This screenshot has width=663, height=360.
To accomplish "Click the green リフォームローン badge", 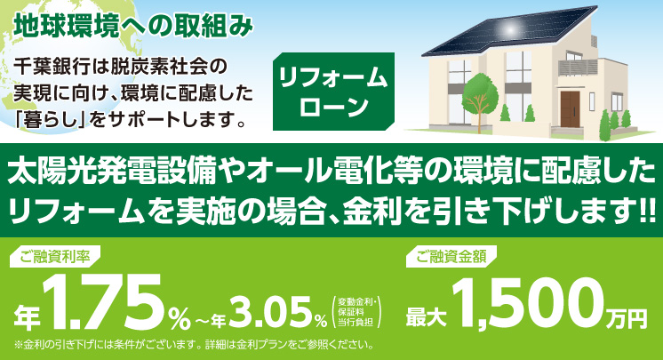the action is point(333,92).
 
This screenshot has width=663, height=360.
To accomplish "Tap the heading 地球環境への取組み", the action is point(133,27).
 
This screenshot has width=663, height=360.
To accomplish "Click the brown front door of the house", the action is point(570,109).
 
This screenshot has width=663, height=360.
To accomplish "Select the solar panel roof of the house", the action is point(509,32).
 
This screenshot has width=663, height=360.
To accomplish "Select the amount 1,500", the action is point(527,304).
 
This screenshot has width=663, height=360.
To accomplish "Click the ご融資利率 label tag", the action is point(54,256).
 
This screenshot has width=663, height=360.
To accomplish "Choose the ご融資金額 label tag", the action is point(451,256).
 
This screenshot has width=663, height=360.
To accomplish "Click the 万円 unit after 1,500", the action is point(625,318).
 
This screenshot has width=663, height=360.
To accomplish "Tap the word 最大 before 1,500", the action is point(427,316).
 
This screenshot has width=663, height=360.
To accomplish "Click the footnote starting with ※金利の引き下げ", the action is point(194,345).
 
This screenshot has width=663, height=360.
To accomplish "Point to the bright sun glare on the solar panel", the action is point(511,28).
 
